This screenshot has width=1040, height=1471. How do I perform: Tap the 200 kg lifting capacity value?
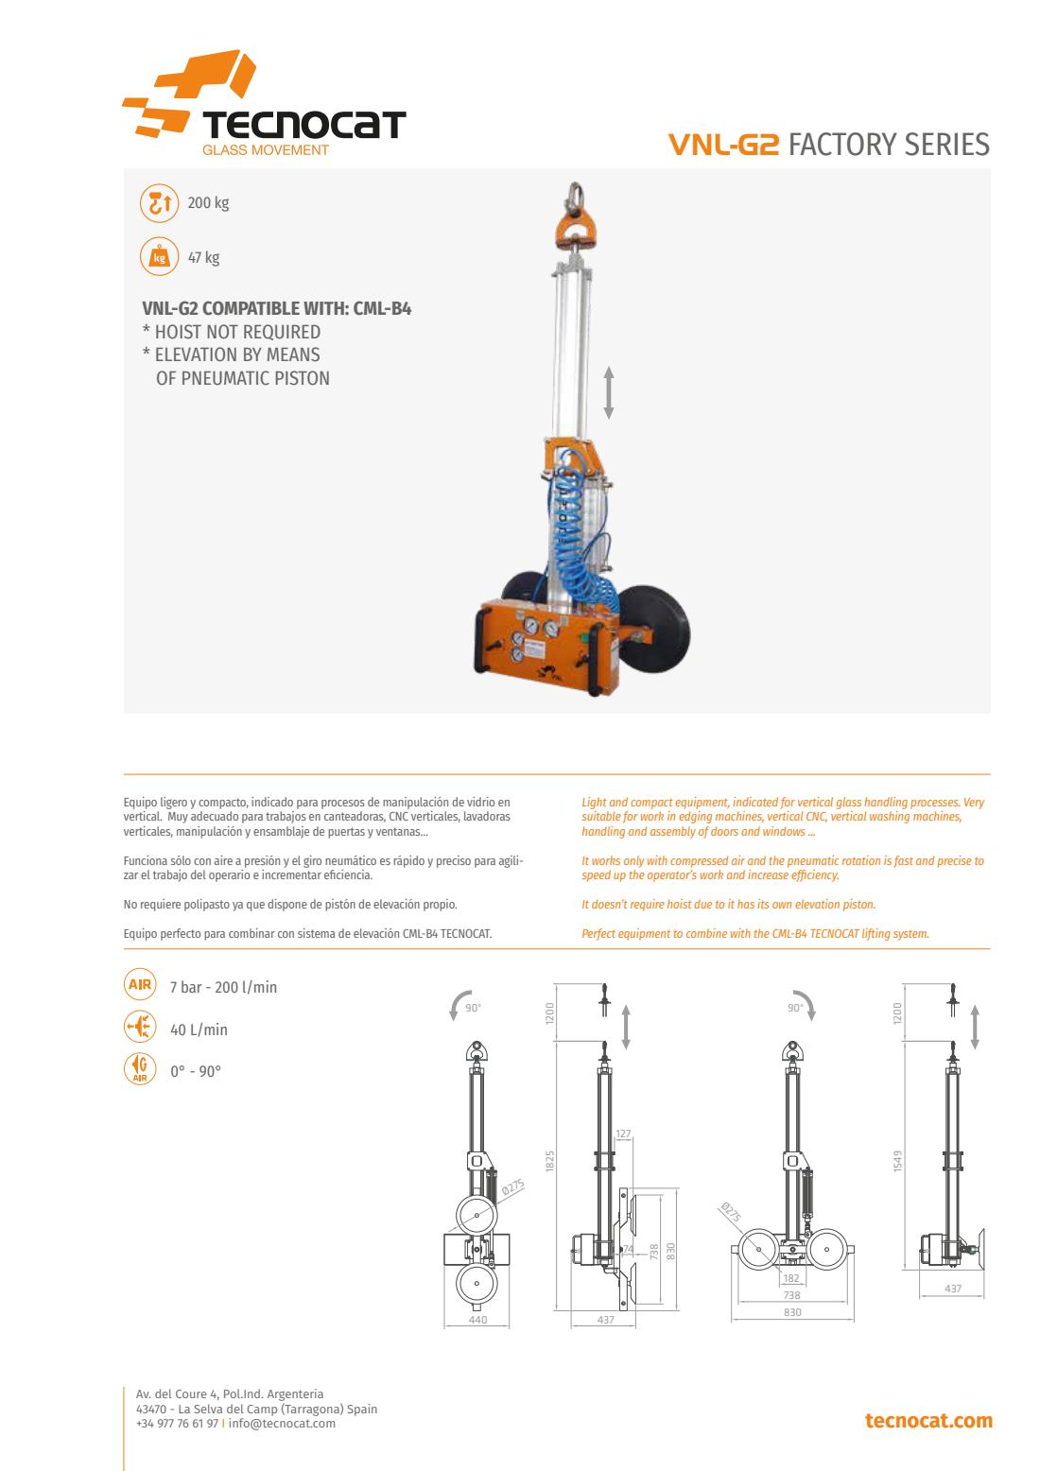click(x=208, y=203)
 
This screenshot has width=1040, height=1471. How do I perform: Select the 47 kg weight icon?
click(x=159, y=257)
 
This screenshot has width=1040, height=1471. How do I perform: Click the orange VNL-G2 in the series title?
click(x=723, y=145)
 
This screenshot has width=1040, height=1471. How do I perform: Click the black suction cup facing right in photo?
click(x=654, y=629)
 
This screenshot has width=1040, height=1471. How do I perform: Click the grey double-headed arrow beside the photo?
click(x=609, y=392)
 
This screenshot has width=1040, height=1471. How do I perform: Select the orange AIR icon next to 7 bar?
click(x=140, y=985)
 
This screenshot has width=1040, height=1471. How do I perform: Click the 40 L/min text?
click(x=199, y=1030)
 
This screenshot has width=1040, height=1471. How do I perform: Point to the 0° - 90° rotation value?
click(x=196, y=1072)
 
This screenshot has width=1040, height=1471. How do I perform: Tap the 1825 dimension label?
click(x=550, y=1161)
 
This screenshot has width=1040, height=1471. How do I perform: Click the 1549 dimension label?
click(x=897, y=1161)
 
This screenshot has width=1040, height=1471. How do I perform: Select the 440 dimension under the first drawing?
click(x=478, y=1320)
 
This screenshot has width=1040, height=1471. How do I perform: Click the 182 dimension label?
click(x=791, y=1278)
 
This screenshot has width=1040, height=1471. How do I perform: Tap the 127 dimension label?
click(x=623, y=1134)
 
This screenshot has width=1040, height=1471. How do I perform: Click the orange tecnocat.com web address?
click(x=928, y=1421)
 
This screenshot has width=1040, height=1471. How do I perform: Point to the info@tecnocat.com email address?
click(x=282, y=1424)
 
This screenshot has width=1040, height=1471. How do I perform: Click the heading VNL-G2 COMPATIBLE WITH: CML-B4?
click(x=276, y=308)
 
